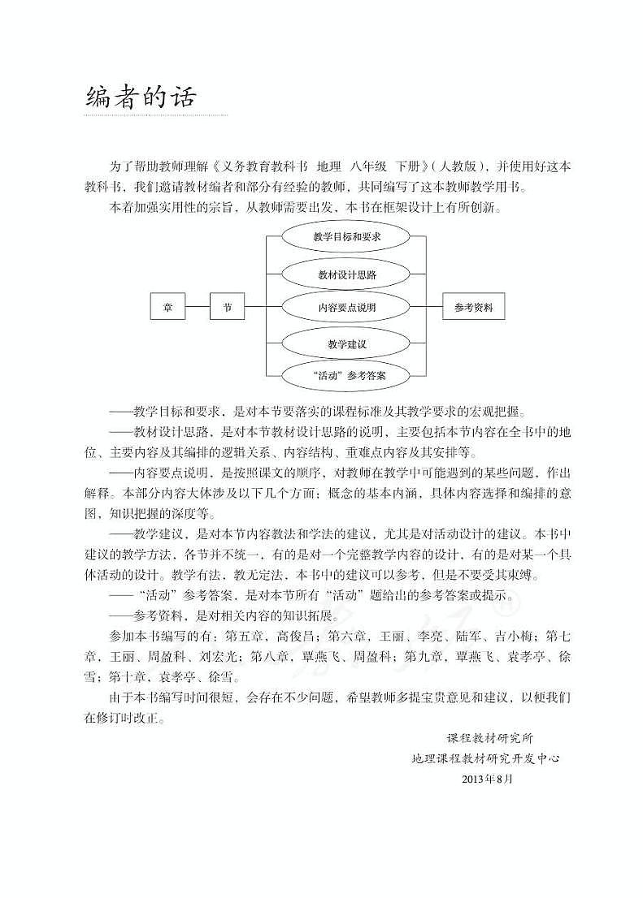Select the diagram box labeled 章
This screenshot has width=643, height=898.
tap(168, 308)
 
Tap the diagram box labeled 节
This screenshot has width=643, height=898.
tap(228, 308)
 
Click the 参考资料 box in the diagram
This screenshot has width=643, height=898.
tap(474, 308)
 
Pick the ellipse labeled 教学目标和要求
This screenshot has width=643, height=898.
tap(347, 238)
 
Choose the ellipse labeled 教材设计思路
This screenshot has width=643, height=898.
tap(347, 274)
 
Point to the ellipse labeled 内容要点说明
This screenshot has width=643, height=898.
tap(347, 308)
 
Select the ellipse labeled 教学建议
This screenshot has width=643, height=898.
tap(347, 344)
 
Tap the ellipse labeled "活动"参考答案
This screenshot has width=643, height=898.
tap(347, 376)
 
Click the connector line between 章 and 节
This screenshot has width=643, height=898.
tap(198, 308)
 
